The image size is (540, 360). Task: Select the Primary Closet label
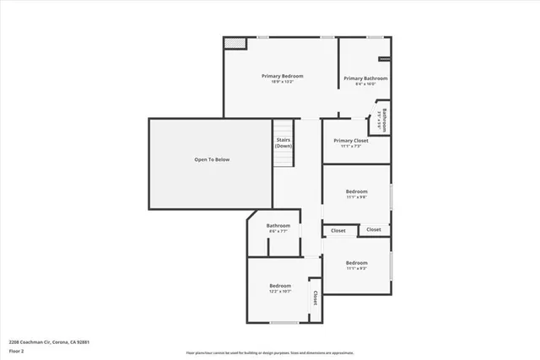350,141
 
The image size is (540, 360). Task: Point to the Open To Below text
212,159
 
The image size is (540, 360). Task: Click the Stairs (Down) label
283,143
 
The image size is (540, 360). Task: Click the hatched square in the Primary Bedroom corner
235,43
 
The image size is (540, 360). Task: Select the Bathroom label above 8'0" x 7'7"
278,225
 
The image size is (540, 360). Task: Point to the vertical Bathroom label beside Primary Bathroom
383,118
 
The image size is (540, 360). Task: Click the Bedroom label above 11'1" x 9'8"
356,191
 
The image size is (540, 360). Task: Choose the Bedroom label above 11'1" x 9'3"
356,262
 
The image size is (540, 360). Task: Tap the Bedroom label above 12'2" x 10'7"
279,286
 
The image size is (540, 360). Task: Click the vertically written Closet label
316,298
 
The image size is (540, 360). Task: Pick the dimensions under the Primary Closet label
350,147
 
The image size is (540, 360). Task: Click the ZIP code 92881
81,342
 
